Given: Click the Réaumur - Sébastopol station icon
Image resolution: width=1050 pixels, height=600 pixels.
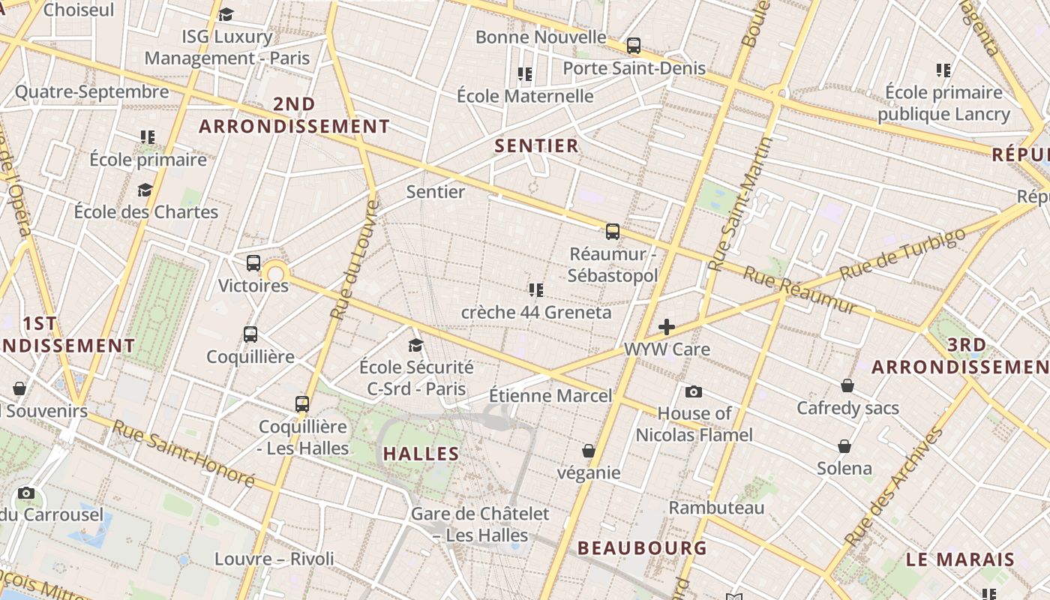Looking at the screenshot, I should coord(613,232).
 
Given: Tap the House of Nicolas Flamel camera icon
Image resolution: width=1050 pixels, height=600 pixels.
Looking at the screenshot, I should coord(694,391).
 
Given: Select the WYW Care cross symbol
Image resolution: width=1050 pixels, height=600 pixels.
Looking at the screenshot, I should coord(666,327).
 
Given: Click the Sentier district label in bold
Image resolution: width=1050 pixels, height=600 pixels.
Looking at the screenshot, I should coord(537,145).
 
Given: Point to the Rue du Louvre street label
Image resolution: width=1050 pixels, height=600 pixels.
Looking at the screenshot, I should coord(355,259).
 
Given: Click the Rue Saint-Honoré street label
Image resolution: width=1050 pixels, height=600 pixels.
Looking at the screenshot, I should coord(184,453).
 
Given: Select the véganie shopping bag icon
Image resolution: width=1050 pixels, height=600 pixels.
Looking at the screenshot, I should coord(589,451).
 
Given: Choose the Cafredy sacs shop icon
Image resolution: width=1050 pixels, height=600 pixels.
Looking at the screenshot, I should coord(847,385).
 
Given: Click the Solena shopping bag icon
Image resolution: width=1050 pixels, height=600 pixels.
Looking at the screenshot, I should coord(844,446).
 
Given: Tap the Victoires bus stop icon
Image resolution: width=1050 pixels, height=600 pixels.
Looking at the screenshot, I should coord(253,263).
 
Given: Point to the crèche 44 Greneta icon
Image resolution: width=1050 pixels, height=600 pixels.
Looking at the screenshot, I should coord(535,289).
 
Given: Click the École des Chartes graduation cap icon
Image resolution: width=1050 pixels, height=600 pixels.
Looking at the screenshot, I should coord(145,190).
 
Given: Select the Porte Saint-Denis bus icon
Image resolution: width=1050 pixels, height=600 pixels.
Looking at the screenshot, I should coord(634,46).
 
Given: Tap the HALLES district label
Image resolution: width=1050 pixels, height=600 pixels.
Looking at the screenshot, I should coord(421,454).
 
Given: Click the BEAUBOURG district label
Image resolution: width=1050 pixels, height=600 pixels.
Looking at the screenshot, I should coord(642,547).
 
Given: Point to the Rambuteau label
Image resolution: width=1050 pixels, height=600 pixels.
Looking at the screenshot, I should coord(716,508).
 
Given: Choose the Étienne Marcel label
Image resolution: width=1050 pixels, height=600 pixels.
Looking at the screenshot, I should coord(550,395).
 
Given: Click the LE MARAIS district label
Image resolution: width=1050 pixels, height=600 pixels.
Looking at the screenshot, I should coord(960,559).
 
